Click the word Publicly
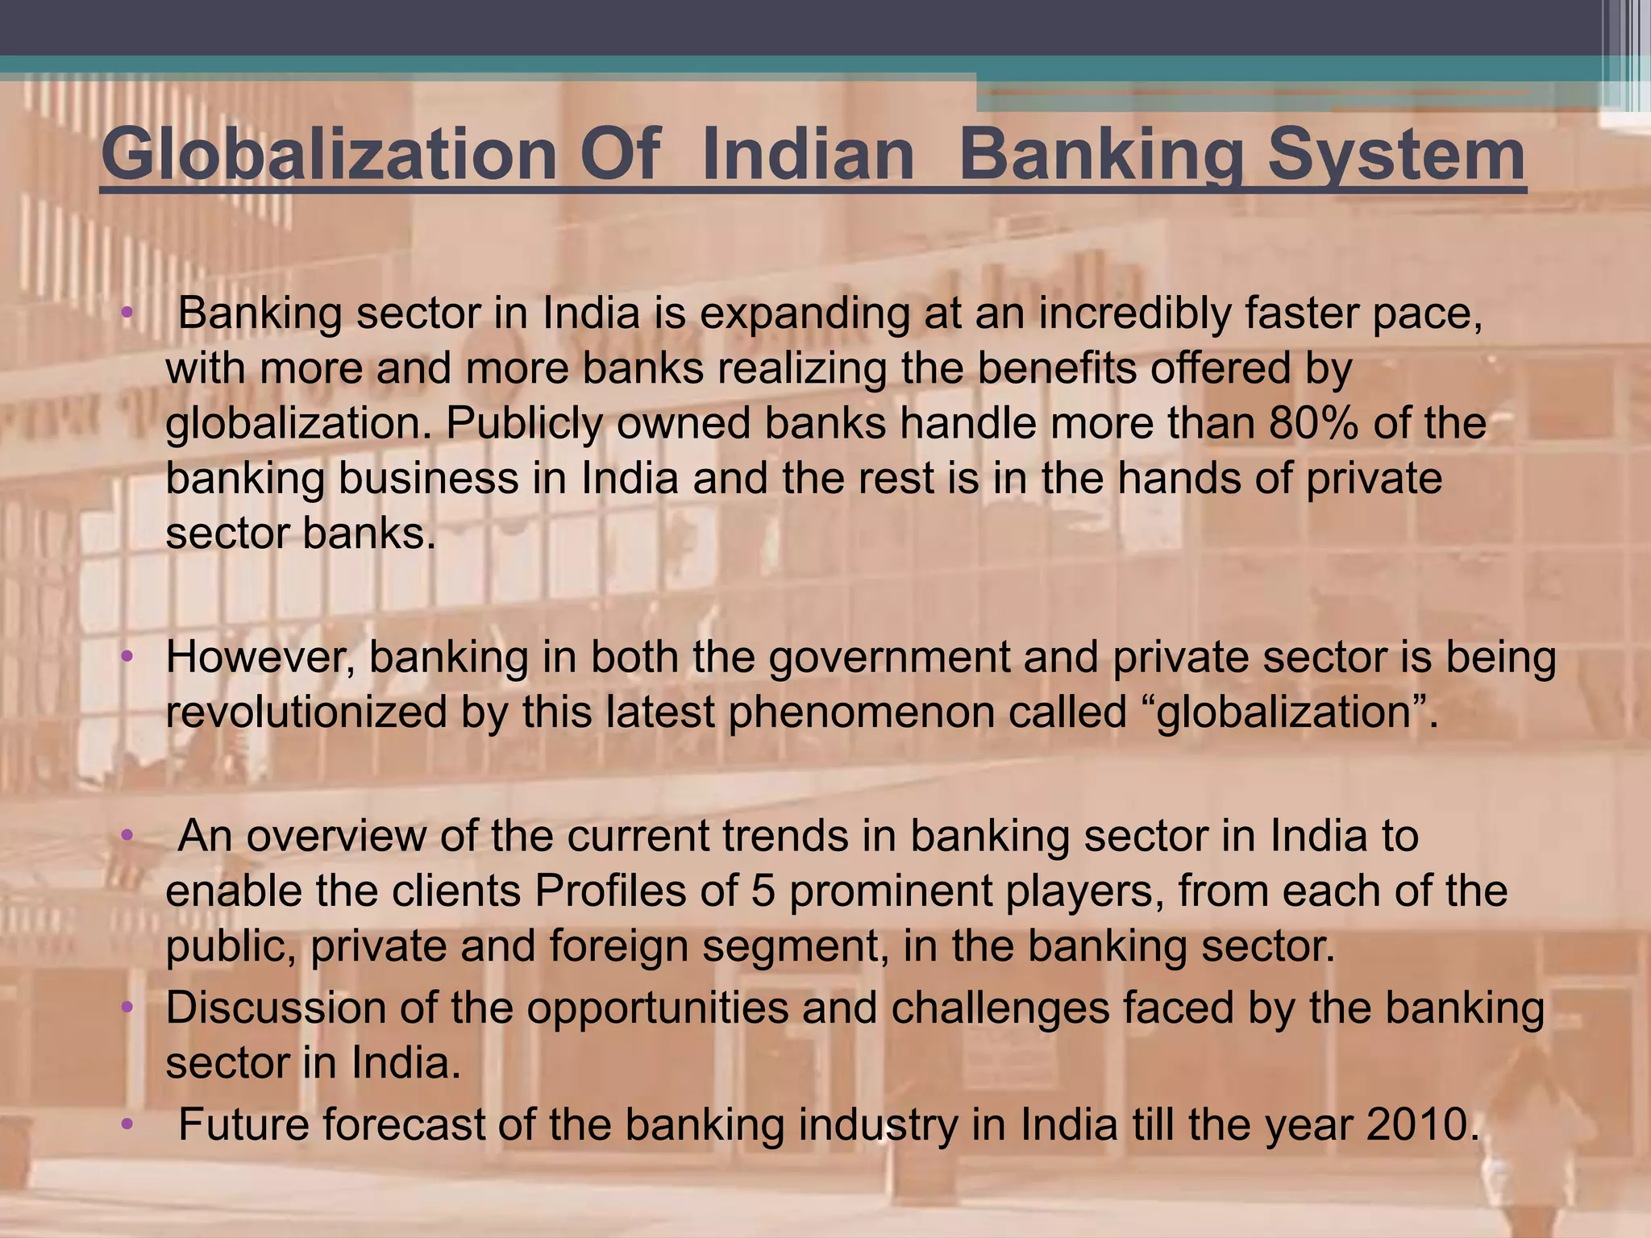(x=524, y=423)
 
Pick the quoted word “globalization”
(x=1283, y=712)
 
